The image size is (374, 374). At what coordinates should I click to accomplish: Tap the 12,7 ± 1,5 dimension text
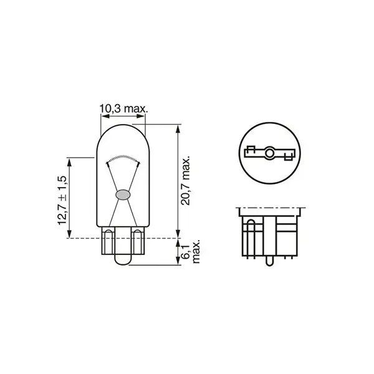tap(61, 198)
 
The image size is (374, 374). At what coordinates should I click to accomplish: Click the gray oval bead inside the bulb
tap(122, 194)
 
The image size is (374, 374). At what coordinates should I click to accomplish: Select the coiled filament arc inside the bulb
tap(122, 156)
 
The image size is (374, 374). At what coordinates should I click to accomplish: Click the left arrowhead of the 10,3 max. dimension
tap(102, 116)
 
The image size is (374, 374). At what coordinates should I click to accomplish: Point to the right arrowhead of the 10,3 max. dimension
tap(143, 116)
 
